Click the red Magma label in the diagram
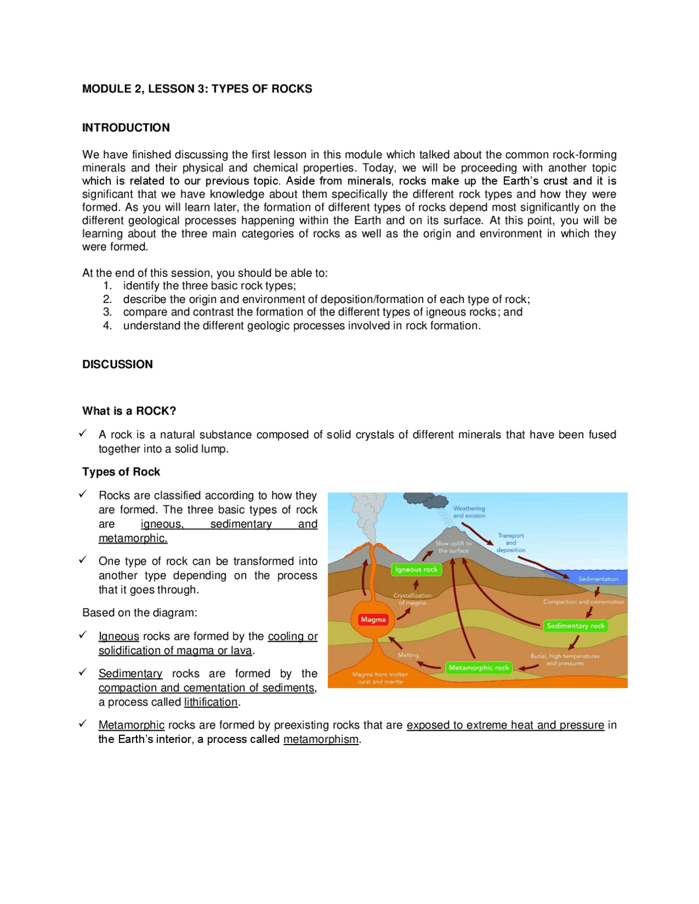pos(373,619)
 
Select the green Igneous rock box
pos(416,569)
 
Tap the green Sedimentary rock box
pos(575,626)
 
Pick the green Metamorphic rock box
pos(478,667)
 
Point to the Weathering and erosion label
pos(469,512)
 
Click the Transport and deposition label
pos(511,543)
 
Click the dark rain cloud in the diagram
pos(426,499)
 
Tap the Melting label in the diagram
pos(408,655)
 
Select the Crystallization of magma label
pos(412,599)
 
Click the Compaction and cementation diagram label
pos(583,602)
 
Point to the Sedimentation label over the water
pos(598,579)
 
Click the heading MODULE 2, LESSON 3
pos(197,89)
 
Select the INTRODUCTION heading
pos(126,128)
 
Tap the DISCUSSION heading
pos(117,364)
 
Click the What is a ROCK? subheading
pos(129,411)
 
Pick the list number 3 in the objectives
pos(108,312)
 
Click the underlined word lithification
pos(211,702)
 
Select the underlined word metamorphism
pos(321,739)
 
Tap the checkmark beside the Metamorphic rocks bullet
pos(83,723)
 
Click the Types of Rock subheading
pos(121,472)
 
